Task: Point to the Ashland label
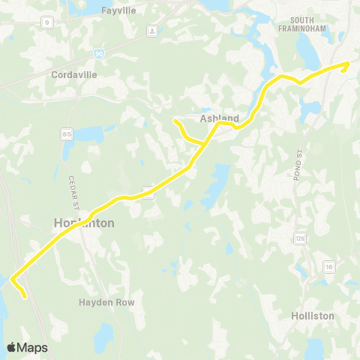point(219,118)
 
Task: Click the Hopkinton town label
point(84,223)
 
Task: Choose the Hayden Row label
point(106,301)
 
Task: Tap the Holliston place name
point(312,316)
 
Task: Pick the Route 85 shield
point(67,133)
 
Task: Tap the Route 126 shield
point(300,238)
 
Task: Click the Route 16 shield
point(328,266)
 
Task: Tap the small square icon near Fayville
point(151,31)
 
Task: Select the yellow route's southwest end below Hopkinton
point(25,296)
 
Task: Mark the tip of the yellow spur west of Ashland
point(175,121)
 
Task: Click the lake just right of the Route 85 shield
point(88,135)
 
